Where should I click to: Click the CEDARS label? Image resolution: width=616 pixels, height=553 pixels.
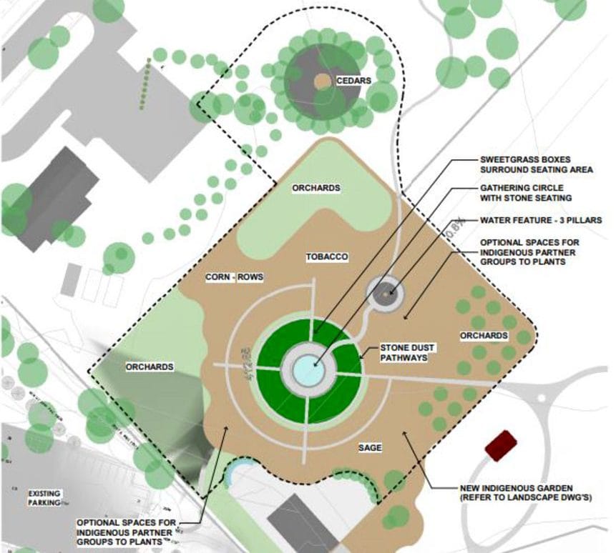[x=356, y=81]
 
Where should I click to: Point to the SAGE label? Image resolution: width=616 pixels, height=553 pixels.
[x=371, y=448]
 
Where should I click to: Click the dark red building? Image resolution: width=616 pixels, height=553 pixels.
[x=501, y=445]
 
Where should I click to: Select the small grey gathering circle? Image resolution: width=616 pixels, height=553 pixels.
[x=386, y=293]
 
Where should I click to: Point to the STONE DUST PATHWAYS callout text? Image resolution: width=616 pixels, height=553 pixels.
[x=408, y=352]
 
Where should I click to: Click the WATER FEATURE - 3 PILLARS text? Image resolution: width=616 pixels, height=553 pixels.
[x=531, y=220]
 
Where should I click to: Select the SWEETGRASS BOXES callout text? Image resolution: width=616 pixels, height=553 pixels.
[x=536, y=164]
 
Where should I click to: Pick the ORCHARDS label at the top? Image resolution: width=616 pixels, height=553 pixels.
[x=316, y=188]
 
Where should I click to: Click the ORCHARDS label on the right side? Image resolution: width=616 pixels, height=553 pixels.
[x=484, y=336]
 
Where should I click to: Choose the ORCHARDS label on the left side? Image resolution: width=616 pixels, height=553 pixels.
[x=150, y=367]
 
